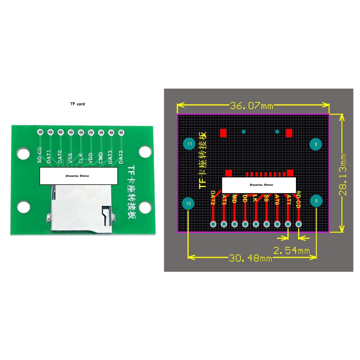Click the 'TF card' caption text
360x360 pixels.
[x=77, y=104]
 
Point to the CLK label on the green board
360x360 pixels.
[x=81, y=157]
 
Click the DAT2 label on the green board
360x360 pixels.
[x=121, y=157]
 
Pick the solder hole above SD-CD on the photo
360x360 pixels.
[x=40, y=132]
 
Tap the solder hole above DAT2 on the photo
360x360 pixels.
[x=122, y=132]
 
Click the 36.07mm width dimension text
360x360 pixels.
[x=251, y=105]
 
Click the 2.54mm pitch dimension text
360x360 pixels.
[x=291, y=250]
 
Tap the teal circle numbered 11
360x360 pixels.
[x=189, y=144]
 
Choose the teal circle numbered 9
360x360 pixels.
[x=316, y=144]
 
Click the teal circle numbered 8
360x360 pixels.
[x=316, y=201]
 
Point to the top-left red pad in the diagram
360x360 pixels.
[x=223, y=133]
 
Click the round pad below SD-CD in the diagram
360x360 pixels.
[x=298, y=224]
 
